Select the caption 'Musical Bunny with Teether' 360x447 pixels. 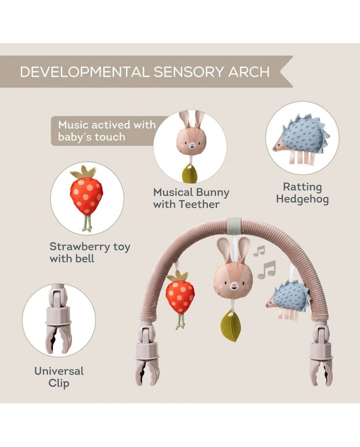coord(191,198)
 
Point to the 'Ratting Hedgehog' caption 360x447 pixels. coord(302,193)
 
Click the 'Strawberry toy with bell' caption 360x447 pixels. coord(90,252)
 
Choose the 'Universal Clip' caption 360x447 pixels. coord(59,377)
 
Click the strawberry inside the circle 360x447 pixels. coord(86,195)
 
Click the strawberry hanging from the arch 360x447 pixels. coord(180,295)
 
